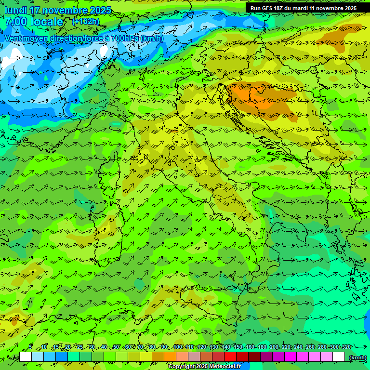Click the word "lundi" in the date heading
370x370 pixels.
point(15,10)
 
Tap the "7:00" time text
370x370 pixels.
point(15,22)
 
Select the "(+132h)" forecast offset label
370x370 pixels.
point(86,21)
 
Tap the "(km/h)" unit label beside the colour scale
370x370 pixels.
point(357,357)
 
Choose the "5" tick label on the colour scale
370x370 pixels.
point(30,347)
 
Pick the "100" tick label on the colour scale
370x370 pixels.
point(178,347)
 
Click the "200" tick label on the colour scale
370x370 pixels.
point(274,347)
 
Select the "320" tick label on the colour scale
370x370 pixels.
point(346,347)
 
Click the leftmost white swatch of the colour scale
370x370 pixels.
point(26,357)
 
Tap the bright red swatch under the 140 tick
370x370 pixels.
point(231,357)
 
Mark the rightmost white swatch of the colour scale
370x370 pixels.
point(339,357)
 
